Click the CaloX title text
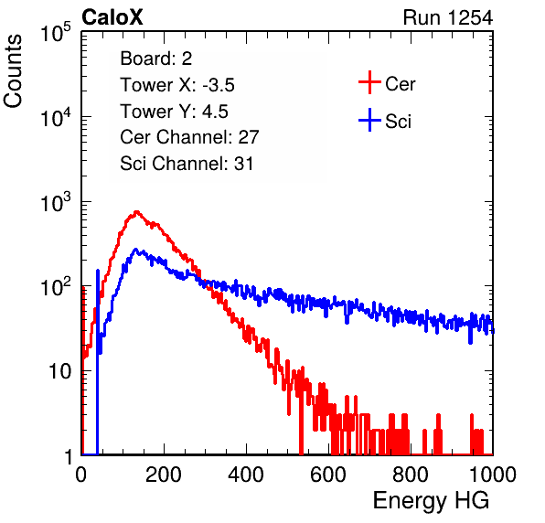pos(112,17)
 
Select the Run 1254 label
pos(448,17)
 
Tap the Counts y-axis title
pos(13,71)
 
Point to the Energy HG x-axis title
pos(431,501)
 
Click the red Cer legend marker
pos(369,82)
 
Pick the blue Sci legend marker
pos(369,120)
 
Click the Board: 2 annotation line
pos(156,59)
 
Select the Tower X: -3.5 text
pos(177,85)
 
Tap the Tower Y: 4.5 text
pos(174,112)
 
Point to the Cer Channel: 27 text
pos(189,137)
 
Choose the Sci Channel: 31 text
pos(187,164)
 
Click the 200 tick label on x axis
pos(164,475)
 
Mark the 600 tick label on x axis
pos(328,475)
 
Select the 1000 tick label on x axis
pos(493,475)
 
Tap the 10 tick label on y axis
pos(60,371)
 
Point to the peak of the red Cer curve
pos(136,211)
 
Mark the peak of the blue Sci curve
pos(136,250)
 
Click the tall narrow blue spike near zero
pos(98,361)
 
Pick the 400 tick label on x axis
pos(246,475)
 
